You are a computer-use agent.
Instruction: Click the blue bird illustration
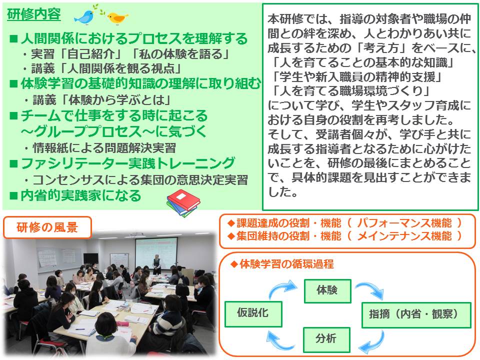[84, 17]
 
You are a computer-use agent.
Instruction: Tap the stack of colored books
[183, 202]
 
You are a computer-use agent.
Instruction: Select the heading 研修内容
[34, 14]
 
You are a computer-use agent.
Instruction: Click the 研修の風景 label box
[47, 227]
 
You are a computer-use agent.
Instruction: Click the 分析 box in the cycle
[326, 339]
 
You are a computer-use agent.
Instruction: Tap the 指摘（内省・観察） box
[416, 315]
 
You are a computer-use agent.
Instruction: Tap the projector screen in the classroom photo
[156, 252]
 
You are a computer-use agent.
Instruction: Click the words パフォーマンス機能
[404, 223]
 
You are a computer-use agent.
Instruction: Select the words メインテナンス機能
[404, 236]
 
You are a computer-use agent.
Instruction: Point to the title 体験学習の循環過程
[286, 263]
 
